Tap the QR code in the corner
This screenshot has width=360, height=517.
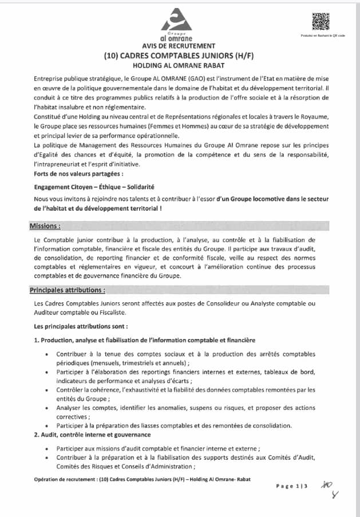[x=321, y=21]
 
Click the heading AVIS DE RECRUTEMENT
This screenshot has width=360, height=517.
[x=179, y=46]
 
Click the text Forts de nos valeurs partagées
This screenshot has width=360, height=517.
[x=78, y=174]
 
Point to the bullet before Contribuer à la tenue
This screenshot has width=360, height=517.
[x=46, y=355]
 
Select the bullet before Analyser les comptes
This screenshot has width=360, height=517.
[x=46, y=409]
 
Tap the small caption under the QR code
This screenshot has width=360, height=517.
[x=322, y=35]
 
